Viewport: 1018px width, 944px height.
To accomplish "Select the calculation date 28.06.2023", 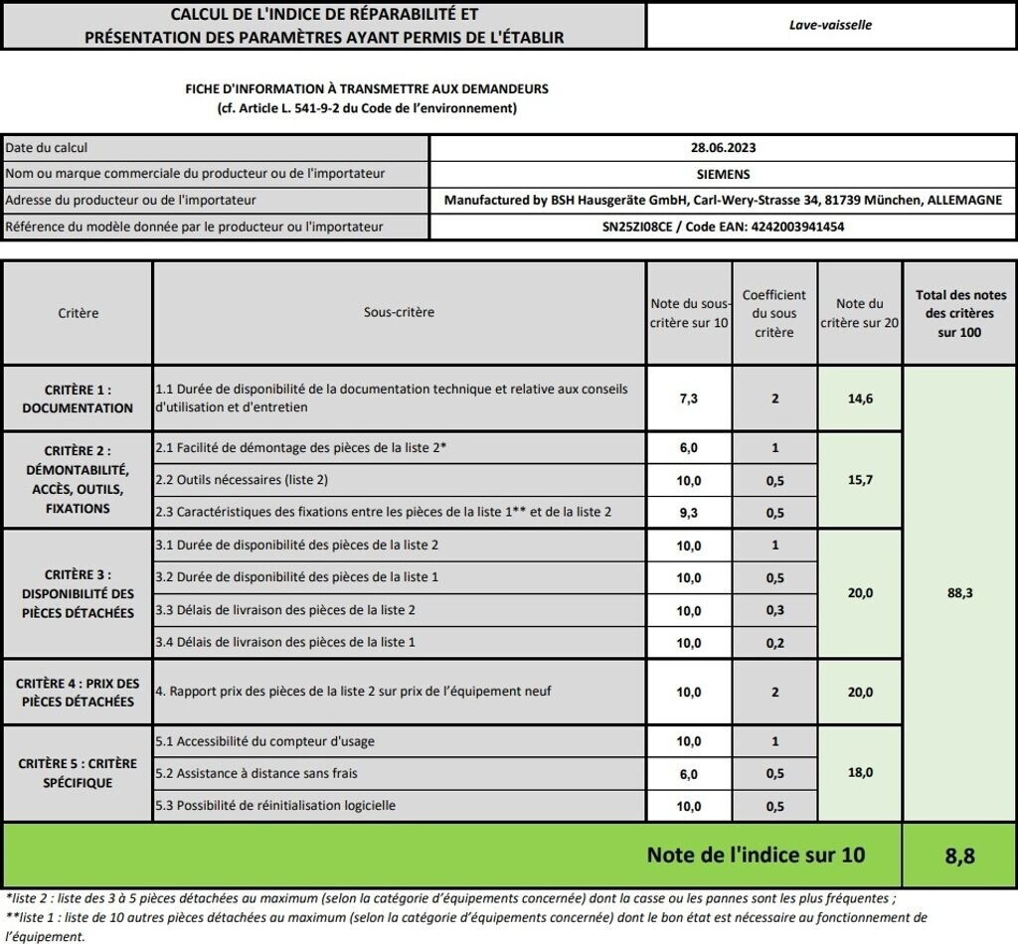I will pos(723,148).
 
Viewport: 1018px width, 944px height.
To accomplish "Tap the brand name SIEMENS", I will pos(723,174).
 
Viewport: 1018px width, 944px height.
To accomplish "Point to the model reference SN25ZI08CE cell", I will pos(723,227).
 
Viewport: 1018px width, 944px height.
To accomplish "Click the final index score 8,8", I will pos(959,855).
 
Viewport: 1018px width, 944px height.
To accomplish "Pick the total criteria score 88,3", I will pos(959,593).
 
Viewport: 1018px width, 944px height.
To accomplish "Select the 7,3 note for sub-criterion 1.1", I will pos(689,398).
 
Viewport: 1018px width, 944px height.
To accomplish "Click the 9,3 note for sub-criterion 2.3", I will pos(689,513).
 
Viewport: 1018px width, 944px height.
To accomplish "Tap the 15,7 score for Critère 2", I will pos(860,480).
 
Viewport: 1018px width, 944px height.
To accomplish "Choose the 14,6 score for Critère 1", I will pos(860,398).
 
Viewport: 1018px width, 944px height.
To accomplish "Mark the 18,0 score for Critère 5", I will pos(860,772).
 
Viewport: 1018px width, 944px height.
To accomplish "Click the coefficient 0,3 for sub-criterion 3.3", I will pos(774,610).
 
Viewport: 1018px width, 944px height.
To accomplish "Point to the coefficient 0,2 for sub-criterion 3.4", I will pos(774,642).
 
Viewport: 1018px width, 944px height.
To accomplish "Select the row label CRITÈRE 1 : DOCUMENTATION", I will pos(78,398).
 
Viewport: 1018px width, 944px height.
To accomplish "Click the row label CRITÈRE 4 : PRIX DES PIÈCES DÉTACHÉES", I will pos(78,693).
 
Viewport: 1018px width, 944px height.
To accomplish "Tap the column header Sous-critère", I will pos(399,312).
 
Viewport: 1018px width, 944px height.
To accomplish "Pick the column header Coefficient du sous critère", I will pos(774,313).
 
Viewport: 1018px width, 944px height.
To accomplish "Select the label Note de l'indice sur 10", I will pos(756,855).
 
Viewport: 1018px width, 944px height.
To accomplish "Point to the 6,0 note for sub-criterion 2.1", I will pos(689,448).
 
